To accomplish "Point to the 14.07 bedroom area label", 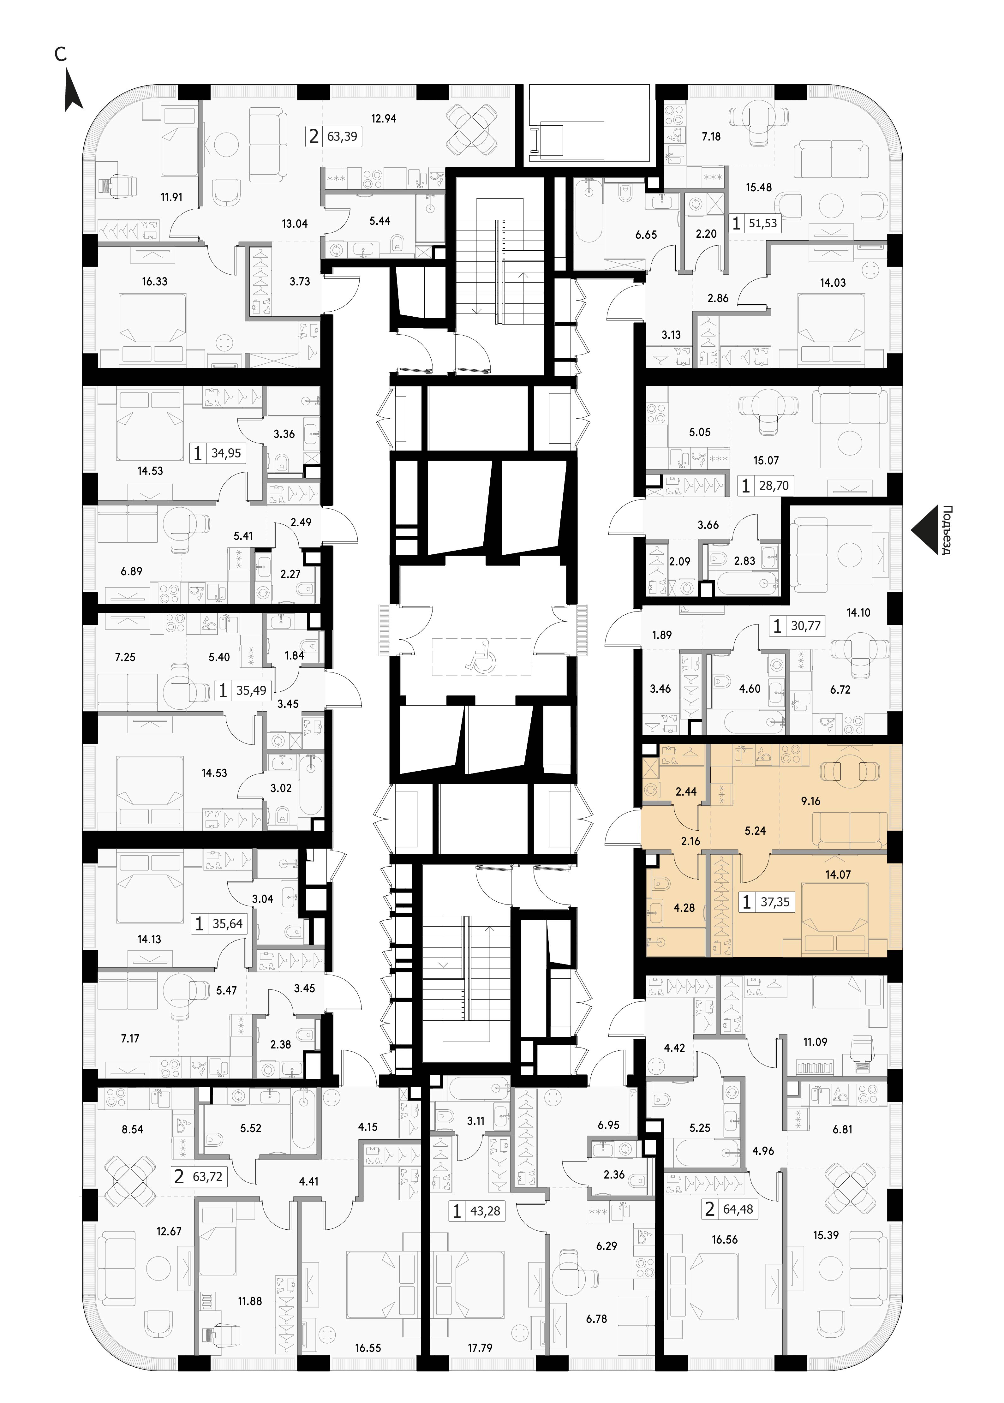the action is (x=838, y=875).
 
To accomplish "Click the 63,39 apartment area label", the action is (x=342, y=136).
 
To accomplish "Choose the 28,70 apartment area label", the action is (x=774, y=486).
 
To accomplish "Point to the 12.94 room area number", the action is (x=383, y=118).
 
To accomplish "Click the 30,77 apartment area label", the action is (x=805, y=626).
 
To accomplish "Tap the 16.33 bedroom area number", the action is (x=155, y=281).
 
